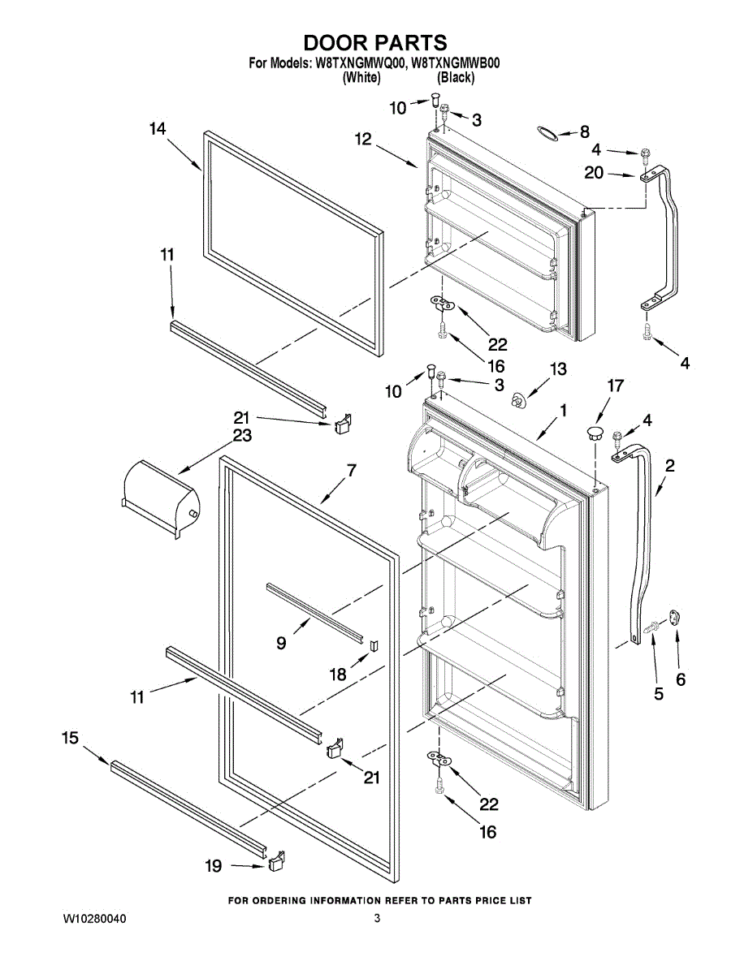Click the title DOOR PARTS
pos(375,43)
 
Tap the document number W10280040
pos(95,919)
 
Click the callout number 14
pos(158,128)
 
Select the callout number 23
pos(242,435)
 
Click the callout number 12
pos(362,140)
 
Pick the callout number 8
pos(585,131)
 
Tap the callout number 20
pos(594,172)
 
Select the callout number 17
pos(615,386)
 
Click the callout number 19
pos(213,867)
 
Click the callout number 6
pos(680,679)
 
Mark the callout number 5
pos(658,694)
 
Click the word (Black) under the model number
pos(456,78)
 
